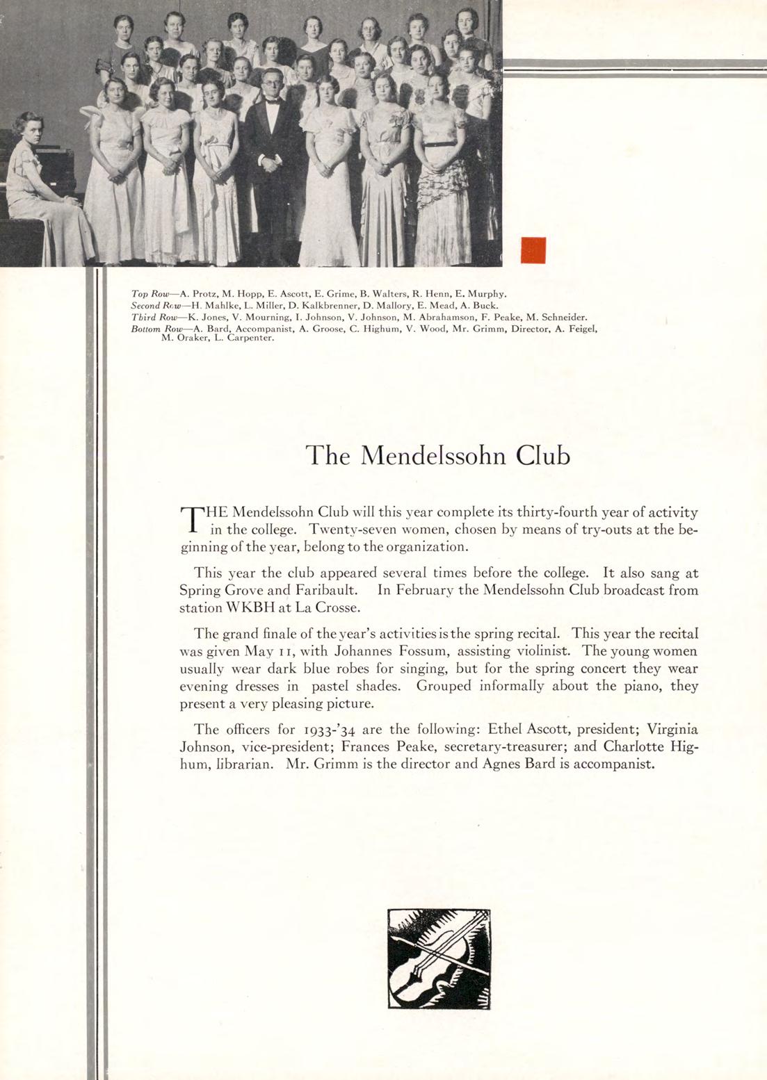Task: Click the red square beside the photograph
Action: coord(533,250)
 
